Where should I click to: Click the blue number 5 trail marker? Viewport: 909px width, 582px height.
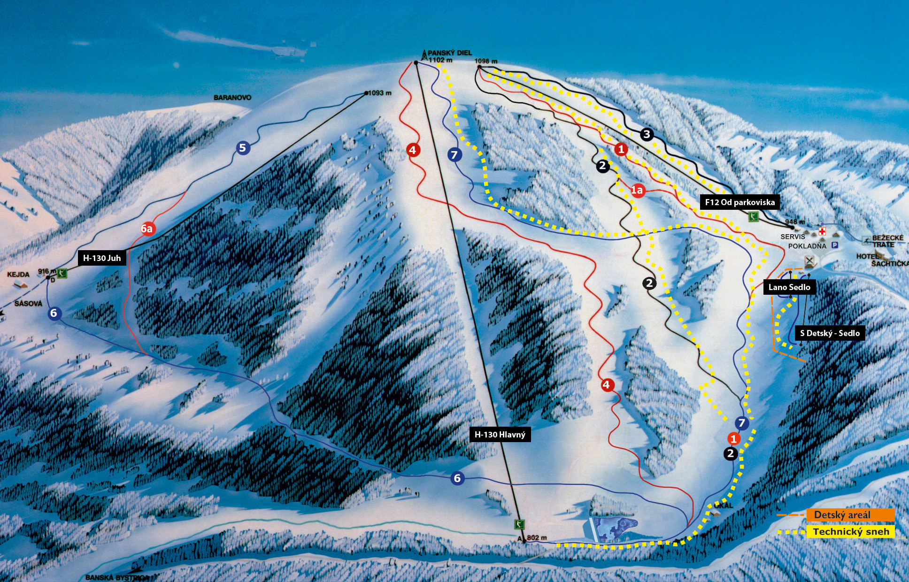pos(242,148)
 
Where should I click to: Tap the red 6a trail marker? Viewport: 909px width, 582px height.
pos(147,229)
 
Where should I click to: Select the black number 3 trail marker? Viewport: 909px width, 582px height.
pos(647,134)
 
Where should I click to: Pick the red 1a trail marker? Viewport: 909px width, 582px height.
pos(637,190)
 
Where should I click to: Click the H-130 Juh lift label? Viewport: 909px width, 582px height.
pos(102,258)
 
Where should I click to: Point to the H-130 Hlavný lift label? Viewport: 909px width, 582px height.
pos(500,435)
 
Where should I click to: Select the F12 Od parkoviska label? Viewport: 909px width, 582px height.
pos(740,202)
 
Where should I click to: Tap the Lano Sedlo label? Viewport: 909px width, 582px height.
pos(789,287)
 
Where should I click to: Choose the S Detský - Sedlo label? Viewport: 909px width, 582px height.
pos(830,333)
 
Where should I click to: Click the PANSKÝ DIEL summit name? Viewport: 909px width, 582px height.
pos(449,53)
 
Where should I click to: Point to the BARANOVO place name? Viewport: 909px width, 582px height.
pos(232,98)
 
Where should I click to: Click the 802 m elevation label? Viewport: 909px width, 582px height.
pos(537,538)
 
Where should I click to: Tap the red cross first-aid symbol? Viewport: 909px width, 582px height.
pos(822,231)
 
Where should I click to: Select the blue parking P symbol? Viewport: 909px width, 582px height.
pos(834,245)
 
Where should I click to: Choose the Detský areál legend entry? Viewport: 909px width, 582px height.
pos(842,515)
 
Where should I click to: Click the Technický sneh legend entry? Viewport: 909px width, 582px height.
pos(850,532)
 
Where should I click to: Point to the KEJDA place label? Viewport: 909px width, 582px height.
pos(18,275)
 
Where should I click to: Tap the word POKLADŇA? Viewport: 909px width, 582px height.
pos(807,246)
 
